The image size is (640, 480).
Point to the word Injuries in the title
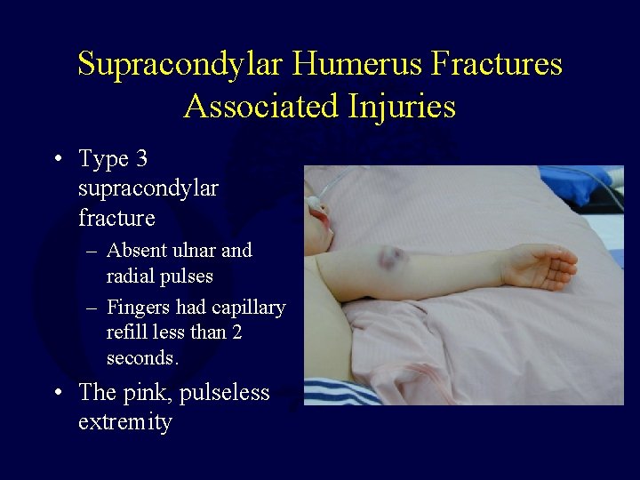401,107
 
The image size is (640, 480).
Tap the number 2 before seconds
236,332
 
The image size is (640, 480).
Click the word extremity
124,421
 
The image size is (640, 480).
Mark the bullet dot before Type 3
57,161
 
